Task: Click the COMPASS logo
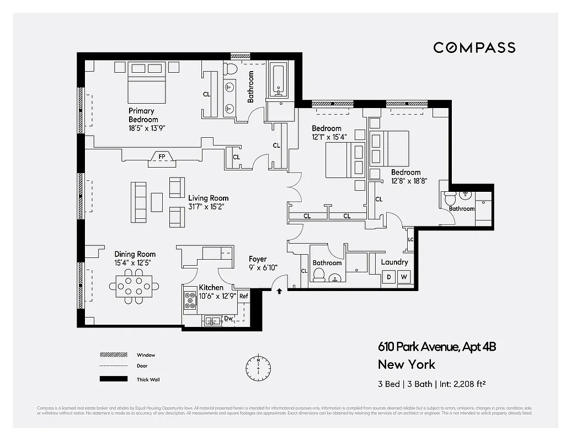[x=474, y=47]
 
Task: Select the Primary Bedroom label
[x=143, y=115]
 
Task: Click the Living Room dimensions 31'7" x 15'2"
[x=208, y=207]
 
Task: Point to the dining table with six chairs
[x=135, y=286]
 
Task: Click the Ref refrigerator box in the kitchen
[x=243, y=297]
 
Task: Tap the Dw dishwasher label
[x=228, y=318]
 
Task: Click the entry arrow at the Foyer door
[x=280, y=291]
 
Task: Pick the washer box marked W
[x=404, y=277]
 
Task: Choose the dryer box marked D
[x=389, y=277]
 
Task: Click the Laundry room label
[x=394, y=262]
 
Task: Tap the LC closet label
[x=410, y=239]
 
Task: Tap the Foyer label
[x=258, y=259]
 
